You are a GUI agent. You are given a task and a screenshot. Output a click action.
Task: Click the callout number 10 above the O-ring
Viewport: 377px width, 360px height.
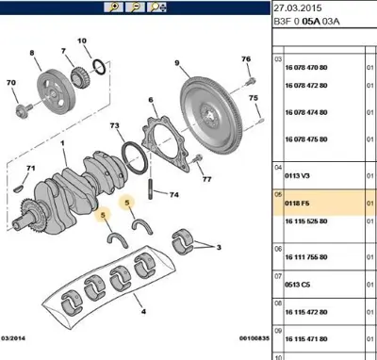(82, 41)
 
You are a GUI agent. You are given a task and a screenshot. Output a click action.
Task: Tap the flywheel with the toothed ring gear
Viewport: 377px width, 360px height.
(212, 115)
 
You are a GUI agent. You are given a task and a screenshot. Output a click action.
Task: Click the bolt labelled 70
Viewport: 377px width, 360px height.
(24, 110)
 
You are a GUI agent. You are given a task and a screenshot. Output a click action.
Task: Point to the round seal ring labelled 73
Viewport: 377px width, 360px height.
(135, 158)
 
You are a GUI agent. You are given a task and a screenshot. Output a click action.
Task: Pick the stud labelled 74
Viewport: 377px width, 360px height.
(151, 188)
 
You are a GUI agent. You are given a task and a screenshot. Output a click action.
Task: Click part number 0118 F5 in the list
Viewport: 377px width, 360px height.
(297, 204)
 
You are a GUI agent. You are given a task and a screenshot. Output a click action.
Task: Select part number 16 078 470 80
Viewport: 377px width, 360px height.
(306, 68)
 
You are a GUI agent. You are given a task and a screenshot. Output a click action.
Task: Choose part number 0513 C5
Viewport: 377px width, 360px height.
(297, 285)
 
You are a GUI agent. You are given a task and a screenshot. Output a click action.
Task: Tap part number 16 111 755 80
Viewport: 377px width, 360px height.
(306, 257)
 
